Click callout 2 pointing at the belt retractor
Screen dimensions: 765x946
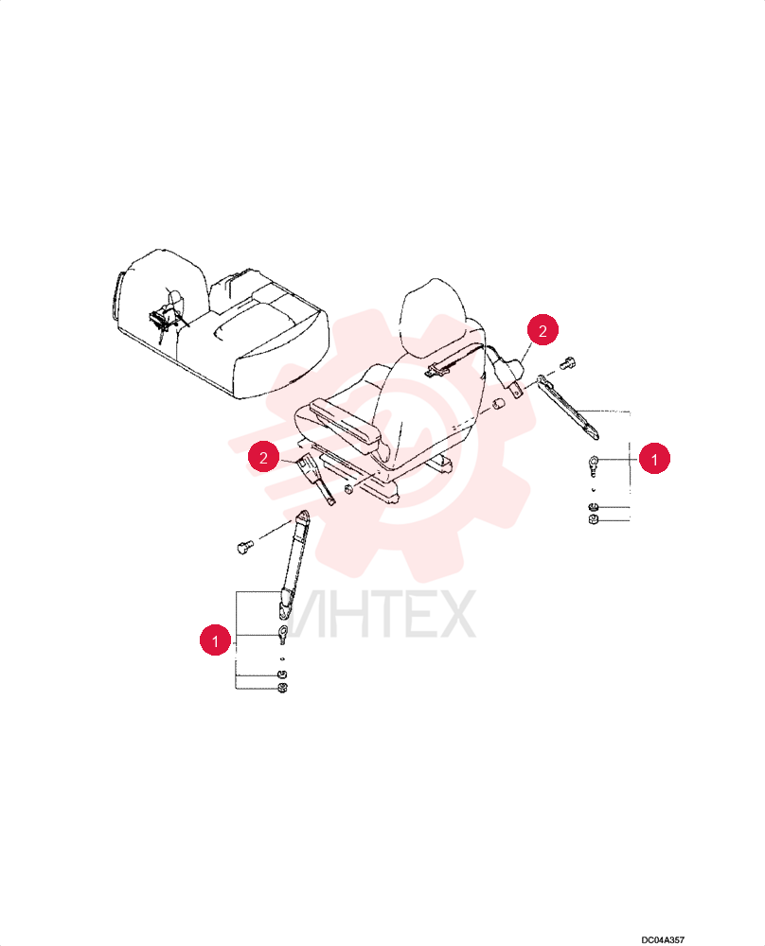pos(543,330)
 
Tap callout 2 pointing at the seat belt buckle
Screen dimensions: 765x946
pos(263,457)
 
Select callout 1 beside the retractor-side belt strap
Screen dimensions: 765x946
pos(654,459)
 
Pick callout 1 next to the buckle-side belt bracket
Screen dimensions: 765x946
pos(215,639)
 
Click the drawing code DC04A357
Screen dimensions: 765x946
pos(663,939)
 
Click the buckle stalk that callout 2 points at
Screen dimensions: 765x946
pos(315,481)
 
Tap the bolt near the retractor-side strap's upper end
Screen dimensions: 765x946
pos(567,362)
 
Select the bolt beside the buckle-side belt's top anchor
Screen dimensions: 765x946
pos(244,547)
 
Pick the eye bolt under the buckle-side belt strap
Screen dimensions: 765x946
pos(281,634)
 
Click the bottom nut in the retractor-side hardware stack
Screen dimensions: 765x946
pos(593,518)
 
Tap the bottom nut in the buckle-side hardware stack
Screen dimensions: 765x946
pos(281,688)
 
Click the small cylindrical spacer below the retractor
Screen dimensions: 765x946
pos(499,404)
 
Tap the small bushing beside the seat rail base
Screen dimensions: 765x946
pos(348,487)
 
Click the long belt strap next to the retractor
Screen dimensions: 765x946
pos(568,406)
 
